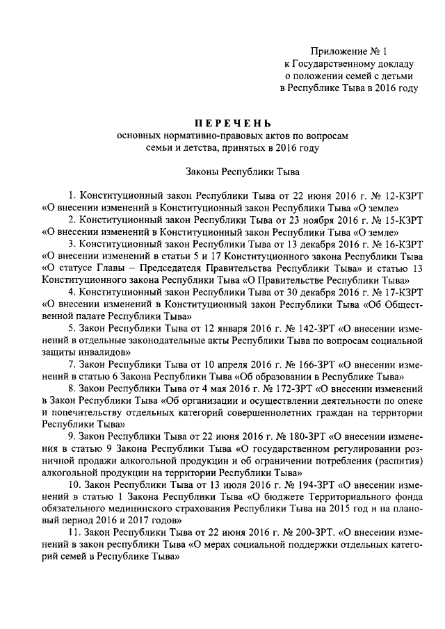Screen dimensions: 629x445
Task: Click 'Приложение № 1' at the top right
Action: [x=346, y=51]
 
